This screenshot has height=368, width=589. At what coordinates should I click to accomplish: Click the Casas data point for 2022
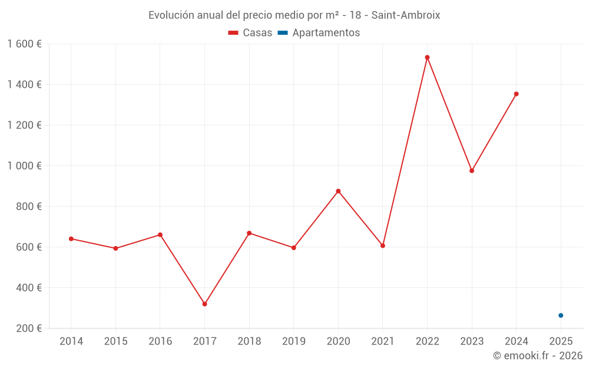point(427,58)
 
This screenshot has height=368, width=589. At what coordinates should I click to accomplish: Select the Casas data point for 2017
point(204,304)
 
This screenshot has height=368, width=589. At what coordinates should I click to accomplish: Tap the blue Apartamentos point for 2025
point(561,316)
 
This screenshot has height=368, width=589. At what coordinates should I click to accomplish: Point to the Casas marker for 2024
point(516,94)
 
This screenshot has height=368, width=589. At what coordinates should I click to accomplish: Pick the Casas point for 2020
point(338,191)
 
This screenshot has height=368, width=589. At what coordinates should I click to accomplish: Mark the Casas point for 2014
point(71,238)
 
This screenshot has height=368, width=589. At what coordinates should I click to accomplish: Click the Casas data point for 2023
point(472,171)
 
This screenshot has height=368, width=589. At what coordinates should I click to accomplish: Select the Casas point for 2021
point(383,246)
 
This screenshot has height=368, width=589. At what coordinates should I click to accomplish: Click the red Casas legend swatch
point(233,33)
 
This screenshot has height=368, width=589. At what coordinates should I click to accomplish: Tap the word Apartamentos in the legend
point(326,33)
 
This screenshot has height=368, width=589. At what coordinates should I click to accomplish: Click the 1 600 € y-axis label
point(25,44)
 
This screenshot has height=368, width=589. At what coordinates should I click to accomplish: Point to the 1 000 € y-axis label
point(25,166)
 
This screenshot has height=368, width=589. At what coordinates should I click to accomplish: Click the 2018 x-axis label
point(249,342)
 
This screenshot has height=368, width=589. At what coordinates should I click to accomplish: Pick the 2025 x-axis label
point(561,342)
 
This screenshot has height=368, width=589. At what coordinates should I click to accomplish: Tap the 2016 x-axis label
point(160,342)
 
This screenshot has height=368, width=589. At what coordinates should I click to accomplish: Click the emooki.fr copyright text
point(538,356)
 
